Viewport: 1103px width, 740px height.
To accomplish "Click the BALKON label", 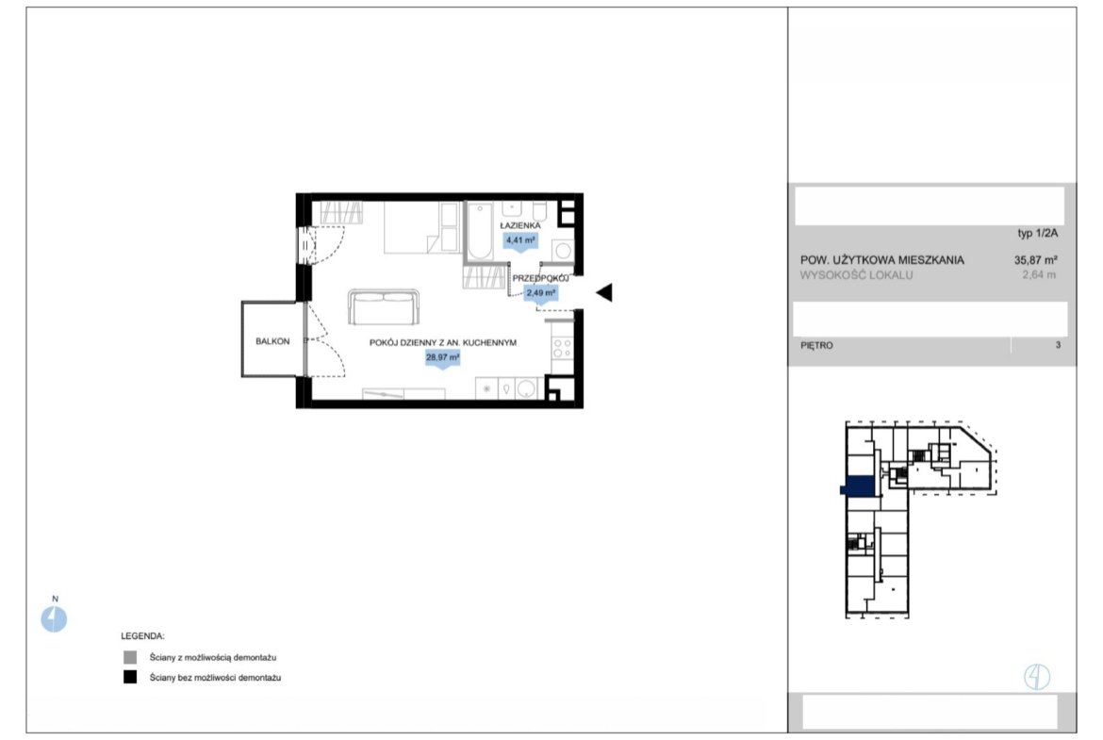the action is point(272,341).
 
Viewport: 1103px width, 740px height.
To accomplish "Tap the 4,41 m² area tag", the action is point(520,240).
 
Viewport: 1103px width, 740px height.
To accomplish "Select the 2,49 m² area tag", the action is point(541,292).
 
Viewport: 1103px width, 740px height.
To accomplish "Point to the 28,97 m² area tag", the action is point(442,358).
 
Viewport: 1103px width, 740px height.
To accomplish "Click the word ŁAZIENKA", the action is point(519,226).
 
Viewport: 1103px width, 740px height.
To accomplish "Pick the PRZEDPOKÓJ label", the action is point(540,278).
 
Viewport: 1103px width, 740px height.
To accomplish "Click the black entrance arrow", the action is point(604,292).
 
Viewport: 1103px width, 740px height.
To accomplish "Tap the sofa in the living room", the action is point(384,306).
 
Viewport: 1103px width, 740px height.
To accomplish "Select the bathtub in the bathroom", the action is point(480,231).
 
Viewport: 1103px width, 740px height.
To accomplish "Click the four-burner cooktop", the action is point(562,348).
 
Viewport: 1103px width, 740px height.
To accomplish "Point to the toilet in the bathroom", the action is point(539,211).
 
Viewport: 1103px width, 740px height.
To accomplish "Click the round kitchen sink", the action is point(525,388).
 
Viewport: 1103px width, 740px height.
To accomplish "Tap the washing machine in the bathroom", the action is point(563,251).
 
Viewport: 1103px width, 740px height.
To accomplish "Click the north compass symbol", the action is point(54,619).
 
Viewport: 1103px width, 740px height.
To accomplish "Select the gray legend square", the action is point(130,657).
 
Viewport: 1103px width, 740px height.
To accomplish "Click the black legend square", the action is point(130,677).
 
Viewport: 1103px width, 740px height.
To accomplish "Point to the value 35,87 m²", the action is point(1035,259).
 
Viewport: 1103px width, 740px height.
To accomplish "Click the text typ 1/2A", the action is point(1038,234).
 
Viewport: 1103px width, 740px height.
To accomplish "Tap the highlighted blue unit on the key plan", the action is point(858,486).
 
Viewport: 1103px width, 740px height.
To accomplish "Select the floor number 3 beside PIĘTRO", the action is point(1058,345).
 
